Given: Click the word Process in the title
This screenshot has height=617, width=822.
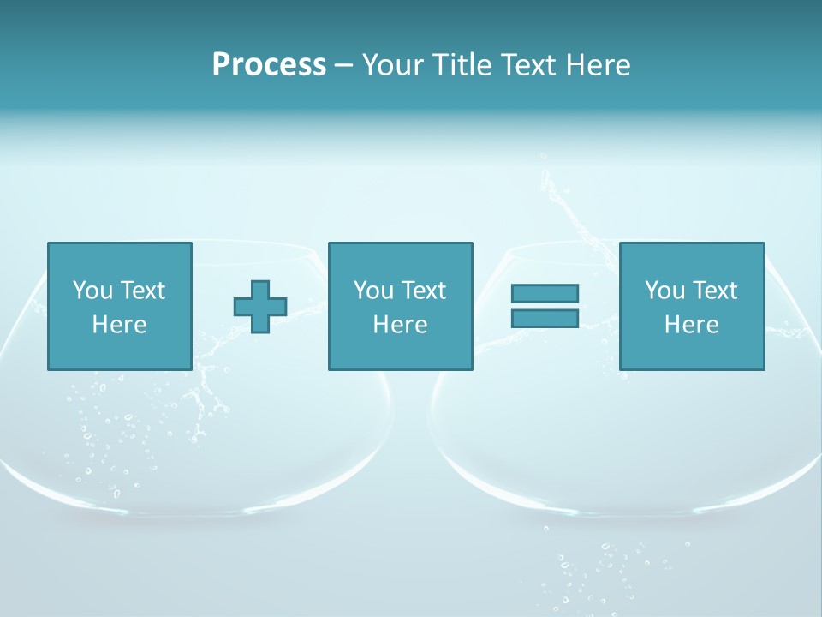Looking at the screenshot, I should [x=269, y=65].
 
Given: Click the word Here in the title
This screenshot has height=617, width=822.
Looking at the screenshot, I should [x=597, y=65].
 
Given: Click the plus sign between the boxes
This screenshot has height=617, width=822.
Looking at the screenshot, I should [x=260, y=306].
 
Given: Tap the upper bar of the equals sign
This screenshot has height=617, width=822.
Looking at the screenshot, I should [x=545, y=293].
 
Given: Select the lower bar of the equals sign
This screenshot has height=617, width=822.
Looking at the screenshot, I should [x=545, y=318].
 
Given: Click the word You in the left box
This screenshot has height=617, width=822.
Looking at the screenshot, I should [x=92, y=291].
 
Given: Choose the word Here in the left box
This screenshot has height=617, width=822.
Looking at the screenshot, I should [x=119, y=325].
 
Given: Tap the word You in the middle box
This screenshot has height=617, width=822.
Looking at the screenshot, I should [x=372, y=291].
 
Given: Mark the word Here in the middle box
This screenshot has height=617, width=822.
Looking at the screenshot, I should [x=400, y=325].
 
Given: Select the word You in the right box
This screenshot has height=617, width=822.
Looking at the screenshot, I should [x=664, y=291].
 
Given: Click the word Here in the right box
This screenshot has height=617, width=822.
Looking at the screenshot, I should [x=691, y=325].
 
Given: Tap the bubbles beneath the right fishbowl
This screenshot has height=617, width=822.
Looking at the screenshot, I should [x=599, y=566].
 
